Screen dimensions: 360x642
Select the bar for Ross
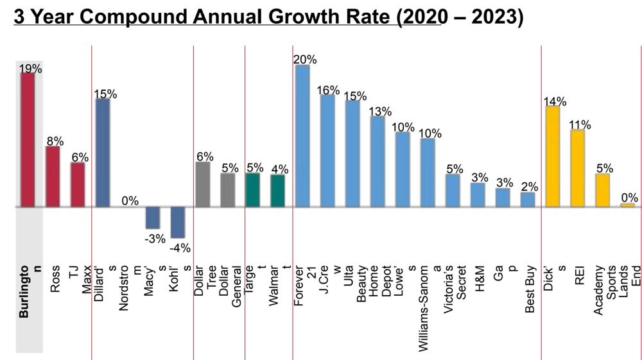[x=53, y=176]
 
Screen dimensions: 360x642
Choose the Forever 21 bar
[x=302, y=136]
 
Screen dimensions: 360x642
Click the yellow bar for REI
[x=578, y=168]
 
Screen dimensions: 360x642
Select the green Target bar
[x=252, y=190]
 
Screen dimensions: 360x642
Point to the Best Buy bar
[x=528, y=200]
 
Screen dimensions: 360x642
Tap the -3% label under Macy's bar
[x=153, y=238]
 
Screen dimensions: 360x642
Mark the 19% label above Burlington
[x=31, y=69]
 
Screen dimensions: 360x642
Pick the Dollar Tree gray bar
[x=203, y=184]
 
